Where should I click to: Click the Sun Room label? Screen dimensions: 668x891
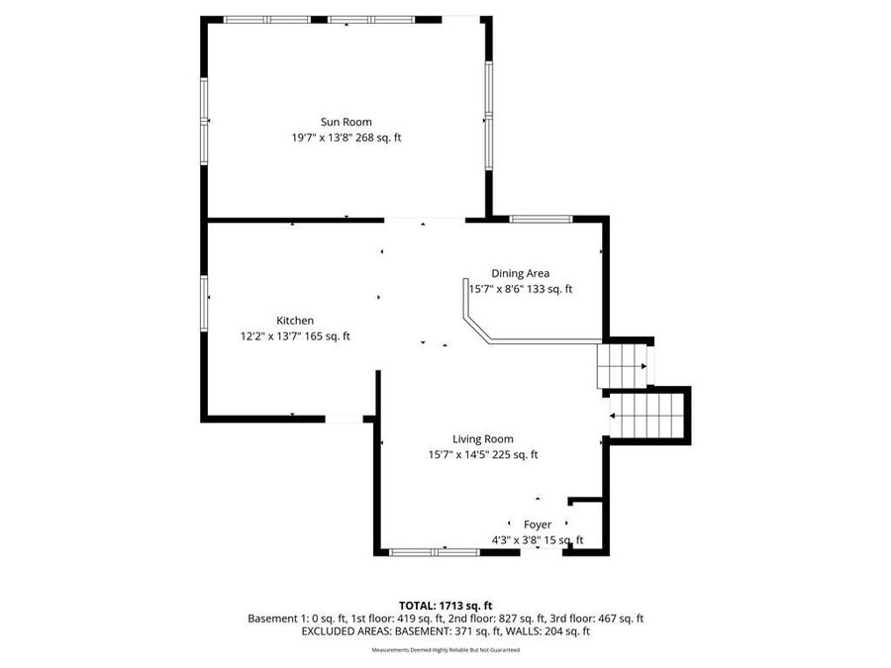point(346,122)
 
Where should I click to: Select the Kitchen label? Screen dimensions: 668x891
point(295,320)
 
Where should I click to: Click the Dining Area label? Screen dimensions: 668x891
point(520,273)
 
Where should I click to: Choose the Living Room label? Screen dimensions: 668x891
point(483,439)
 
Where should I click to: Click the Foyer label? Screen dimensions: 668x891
point(538,525)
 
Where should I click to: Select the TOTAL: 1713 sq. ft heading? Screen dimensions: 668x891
point(445,605)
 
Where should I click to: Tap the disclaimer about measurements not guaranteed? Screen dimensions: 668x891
point(445,650)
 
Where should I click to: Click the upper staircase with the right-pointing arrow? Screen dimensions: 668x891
point(623,366)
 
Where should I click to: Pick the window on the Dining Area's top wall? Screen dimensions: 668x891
point(540,219)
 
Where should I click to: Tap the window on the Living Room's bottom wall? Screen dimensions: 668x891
point(435,551)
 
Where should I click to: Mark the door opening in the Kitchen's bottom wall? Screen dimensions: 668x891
point(344,420)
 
